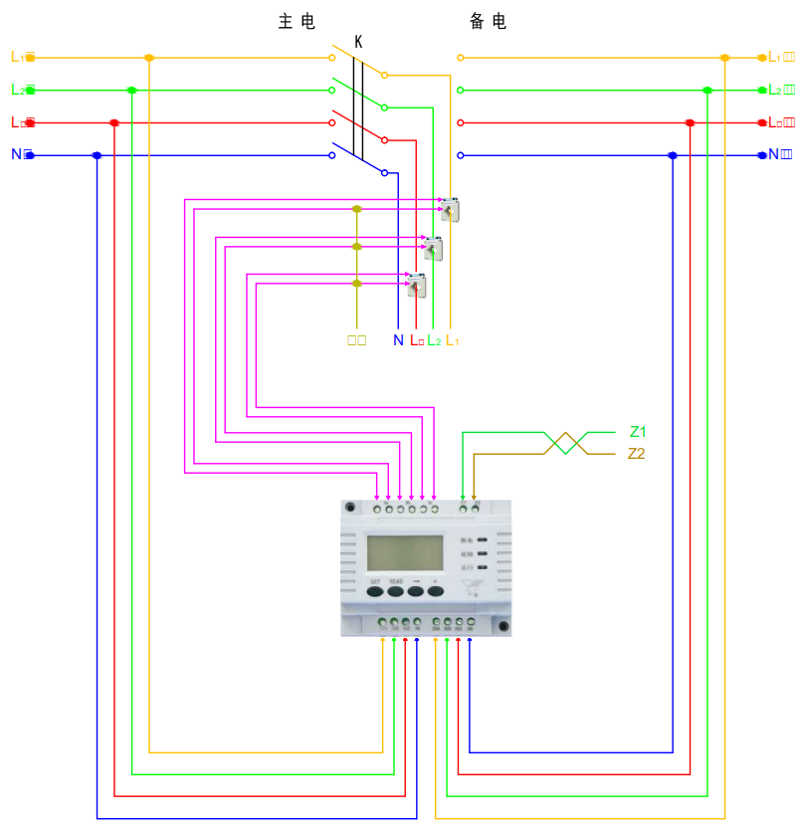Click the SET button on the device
tap(375, 590)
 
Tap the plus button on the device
tap(435, 590)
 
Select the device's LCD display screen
tap(404, 553)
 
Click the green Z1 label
tap(638, 432)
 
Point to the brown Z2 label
tap(637, 454)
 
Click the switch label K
tap(358, 43)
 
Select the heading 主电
tap(296, 21)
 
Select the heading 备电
tap(488, 21)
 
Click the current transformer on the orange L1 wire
tap(451, 210)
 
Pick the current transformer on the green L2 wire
tap(433, 248)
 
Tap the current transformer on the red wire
tap(415, 286)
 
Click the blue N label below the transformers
tap(398, 340)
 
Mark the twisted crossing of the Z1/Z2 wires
tap(564, 443)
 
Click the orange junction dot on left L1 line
tap(149, 58)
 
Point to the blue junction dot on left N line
tap(97, 155)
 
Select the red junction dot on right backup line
tap(690, 122)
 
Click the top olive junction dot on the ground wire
tap(357, 209)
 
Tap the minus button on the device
tap(415, 590)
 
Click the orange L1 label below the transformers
tap(452, 340)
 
